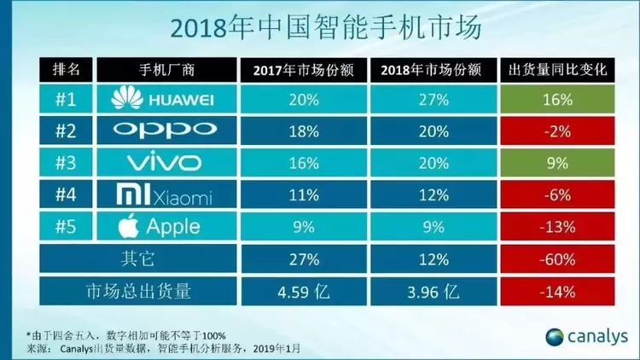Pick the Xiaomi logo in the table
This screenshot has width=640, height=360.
(x=162, y=195)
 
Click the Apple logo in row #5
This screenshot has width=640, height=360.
(x=162, y=226)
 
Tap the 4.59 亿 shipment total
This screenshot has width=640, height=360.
(x=300, y=291)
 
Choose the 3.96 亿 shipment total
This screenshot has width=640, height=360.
(x=433, y=291)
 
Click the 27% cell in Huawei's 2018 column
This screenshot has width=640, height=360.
(x=433, y=101)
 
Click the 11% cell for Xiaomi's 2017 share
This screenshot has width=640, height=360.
(x=300, y=195)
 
